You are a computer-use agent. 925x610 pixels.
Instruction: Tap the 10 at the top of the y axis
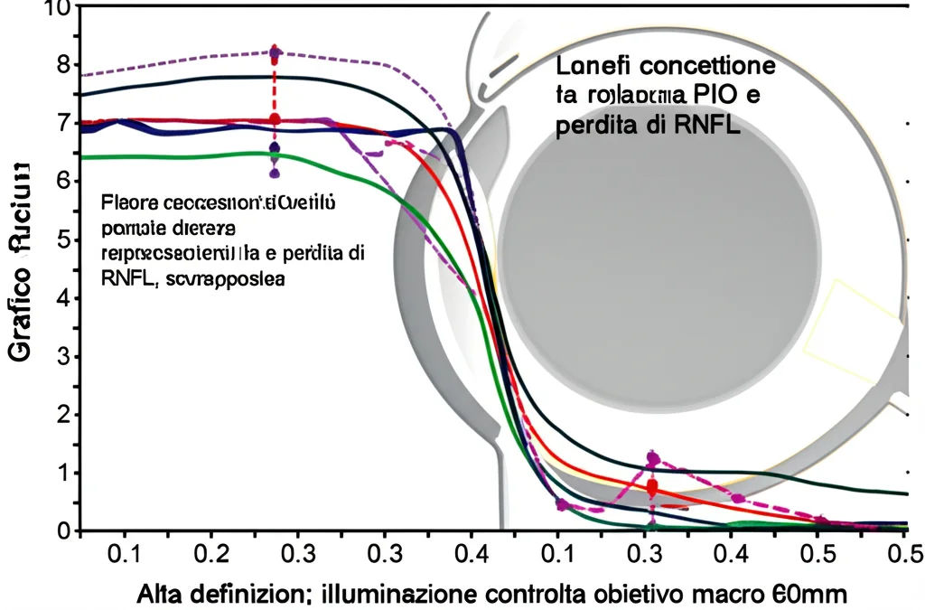tap(56, 8)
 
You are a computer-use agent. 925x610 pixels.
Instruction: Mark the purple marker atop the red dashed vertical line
tap(275, 52)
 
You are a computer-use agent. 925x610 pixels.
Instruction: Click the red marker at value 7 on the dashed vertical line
tap(275, 119)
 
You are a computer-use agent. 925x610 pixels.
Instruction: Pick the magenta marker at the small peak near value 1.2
tap(653, 458)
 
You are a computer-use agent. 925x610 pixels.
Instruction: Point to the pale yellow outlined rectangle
tap(855, 330)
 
